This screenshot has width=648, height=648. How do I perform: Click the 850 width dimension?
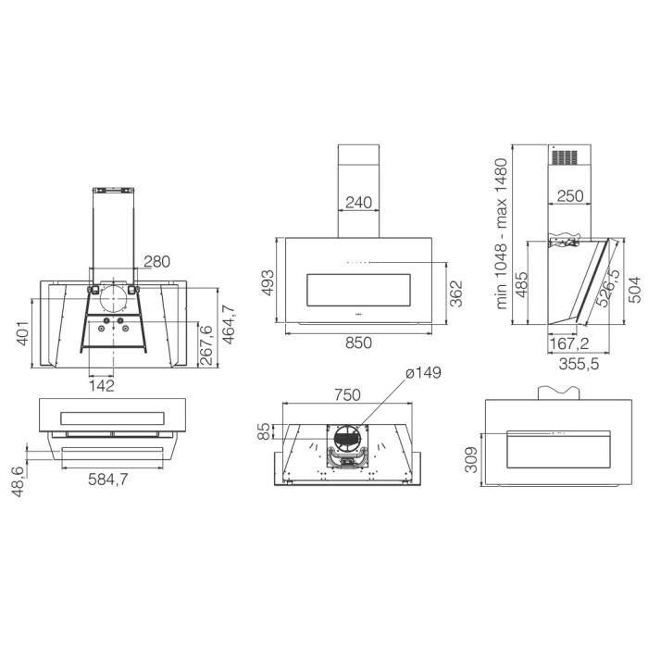(358, 343)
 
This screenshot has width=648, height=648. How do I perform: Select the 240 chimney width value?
(358, 203)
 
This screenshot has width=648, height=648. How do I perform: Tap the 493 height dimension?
(268, 282)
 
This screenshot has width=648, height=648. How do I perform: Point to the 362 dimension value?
(455, 293)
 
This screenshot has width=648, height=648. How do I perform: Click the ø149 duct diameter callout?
(423, 373)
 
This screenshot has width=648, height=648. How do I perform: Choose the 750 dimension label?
(347, 395)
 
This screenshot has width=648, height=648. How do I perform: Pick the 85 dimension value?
(263, 431)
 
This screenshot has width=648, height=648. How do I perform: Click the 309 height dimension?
(471, 459)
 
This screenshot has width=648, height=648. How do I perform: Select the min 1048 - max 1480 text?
(501, 233)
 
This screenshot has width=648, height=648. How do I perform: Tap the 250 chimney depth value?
(570, 196)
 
